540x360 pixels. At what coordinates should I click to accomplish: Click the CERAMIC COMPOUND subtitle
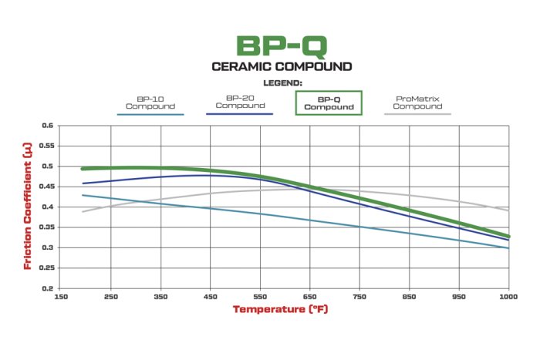pos(282,66)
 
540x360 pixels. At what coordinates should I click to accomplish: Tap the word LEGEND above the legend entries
pos(282,82)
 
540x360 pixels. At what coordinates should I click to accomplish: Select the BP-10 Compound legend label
pos(150,103)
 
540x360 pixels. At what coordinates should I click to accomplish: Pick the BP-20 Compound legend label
pos(240,102)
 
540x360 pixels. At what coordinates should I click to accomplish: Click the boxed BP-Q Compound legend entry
pos(329,103)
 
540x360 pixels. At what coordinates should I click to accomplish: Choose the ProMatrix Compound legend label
pos(417,103)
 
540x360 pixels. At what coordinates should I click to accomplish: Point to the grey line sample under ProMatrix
pos(417,114)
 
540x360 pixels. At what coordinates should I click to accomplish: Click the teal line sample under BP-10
pos(150,114)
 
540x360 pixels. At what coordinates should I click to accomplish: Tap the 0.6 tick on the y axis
pos(47,126)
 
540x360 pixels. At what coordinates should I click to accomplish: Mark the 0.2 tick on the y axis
pos(47,288)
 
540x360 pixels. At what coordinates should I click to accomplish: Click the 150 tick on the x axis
pos(61,297)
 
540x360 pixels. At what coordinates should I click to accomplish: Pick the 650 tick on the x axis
pos(310,297)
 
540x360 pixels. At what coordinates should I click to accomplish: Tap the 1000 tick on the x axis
pos(508,297)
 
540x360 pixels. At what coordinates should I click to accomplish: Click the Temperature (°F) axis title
pos(282,310)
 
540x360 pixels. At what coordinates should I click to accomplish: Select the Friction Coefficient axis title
pos(28,207)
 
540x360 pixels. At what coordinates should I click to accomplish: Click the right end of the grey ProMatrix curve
pos(508,210)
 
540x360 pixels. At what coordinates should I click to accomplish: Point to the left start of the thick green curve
pos(83,168)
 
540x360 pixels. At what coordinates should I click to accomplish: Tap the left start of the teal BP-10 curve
pos(83,195)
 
